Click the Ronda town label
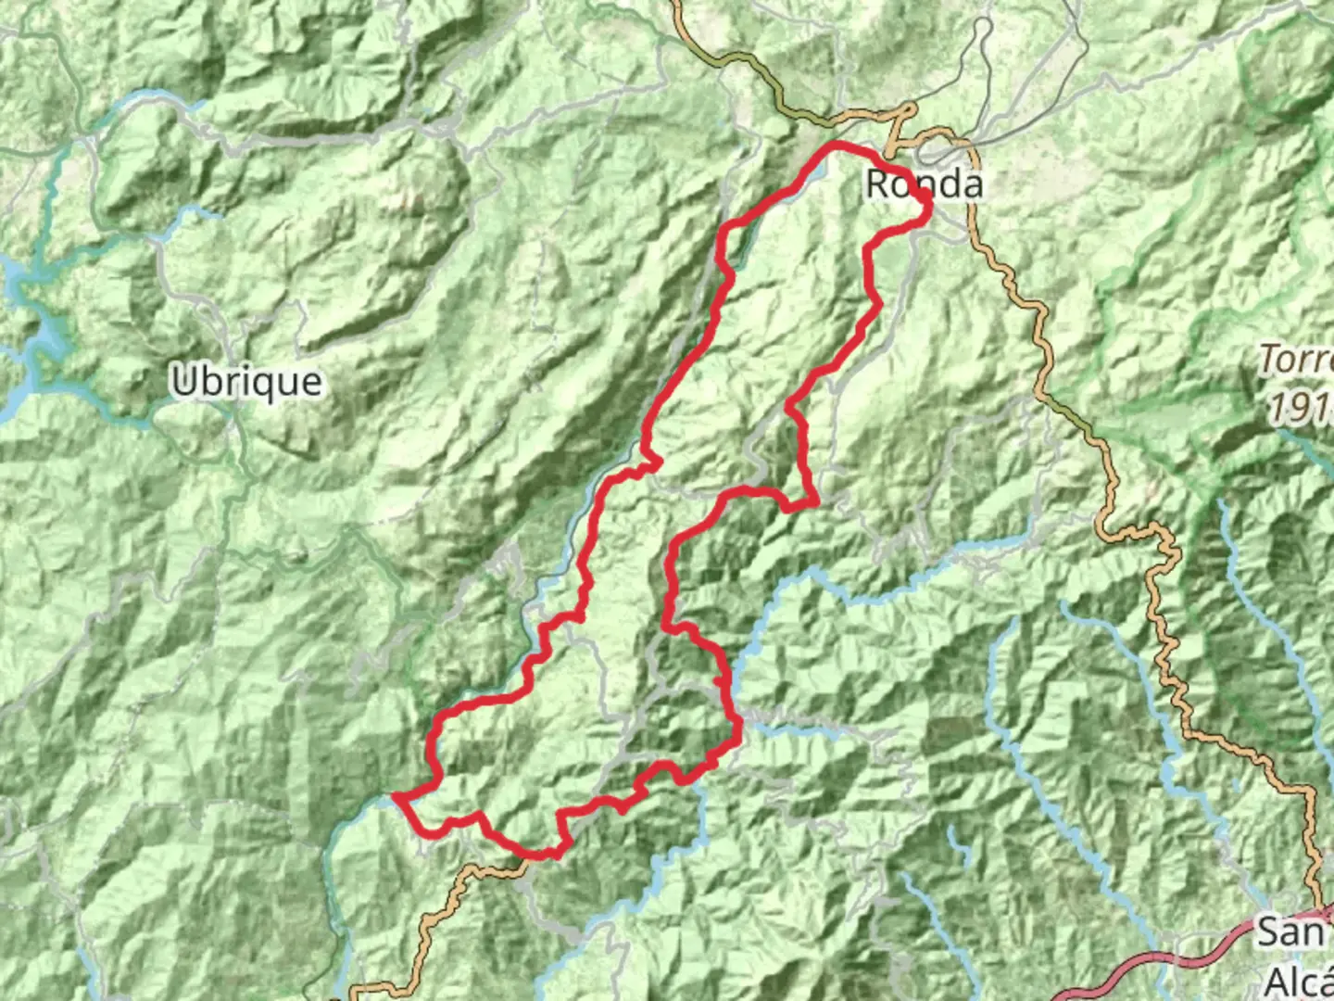pos(924,184)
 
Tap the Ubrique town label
pos(246,381)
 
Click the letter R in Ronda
pos(878,184)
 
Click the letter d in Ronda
pos(942,183)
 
